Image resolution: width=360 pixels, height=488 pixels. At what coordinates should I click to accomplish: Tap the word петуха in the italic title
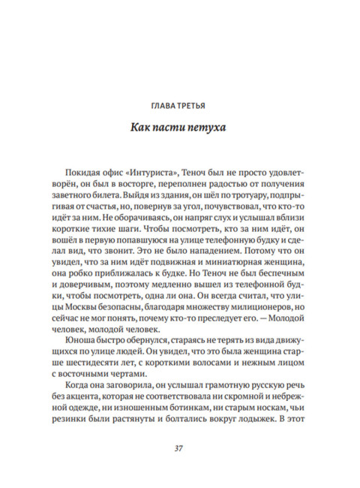pos(203,128)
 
